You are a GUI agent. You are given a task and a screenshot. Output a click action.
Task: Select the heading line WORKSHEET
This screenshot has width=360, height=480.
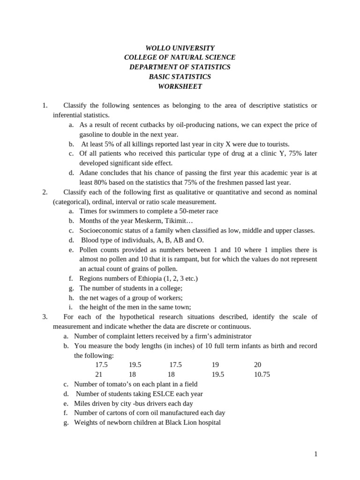coord(180,86)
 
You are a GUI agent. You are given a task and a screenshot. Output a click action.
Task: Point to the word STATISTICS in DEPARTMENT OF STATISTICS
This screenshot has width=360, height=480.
coord(210,67)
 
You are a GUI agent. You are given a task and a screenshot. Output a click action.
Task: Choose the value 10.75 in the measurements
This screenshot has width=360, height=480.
coord(262,375)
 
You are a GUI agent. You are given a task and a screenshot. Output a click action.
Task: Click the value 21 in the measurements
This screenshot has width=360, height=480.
coord(99,375)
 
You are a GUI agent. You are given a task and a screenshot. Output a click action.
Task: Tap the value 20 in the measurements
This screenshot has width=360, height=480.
coord(257,365)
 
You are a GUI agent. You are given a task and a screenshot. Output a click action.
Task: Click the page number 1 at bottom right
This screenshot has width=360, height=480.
coord(316,454)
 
